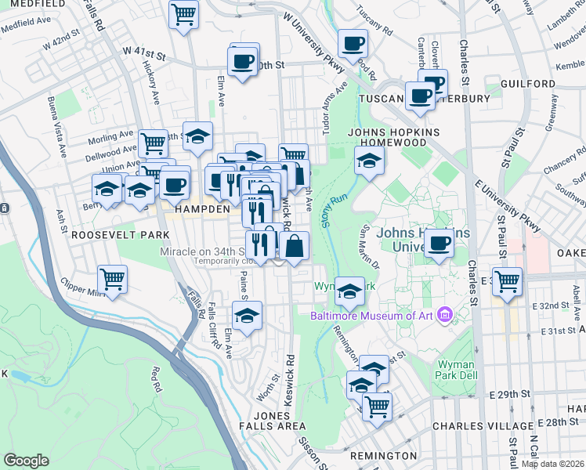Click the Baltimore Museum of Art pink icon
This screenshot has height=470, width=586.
click(x=446, y=316)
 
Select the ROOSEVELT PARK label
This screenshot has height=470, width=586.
click(x=110, y=234)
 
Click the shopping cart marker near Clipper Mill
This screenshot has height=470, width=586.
click(x=113, y=280)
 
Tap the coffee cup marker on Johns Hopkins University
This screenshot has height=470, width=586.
click(x=439, y=244)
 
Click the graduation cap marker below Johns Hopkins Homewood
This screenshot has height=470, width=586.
click(x=369, y=162)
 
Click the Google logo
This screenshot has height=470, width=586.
click(x=27, y=461)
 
